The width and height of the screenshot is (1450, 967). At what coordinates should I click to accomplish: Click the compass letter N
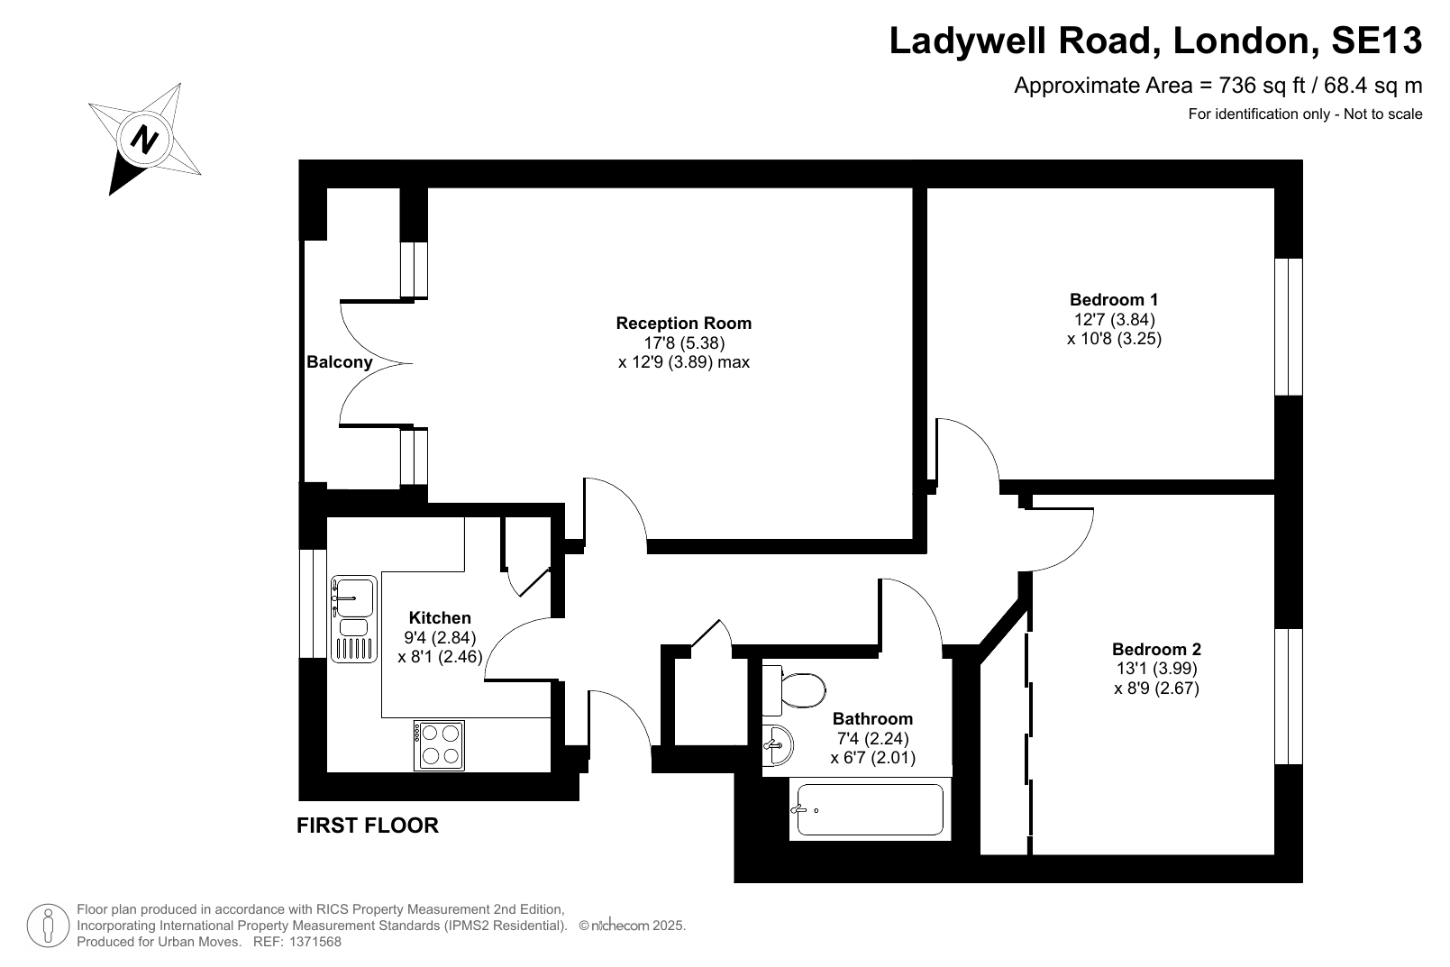tap(144, 139)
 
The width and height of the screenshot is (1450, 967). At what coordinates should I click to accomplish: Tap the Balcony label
tap(339, 361)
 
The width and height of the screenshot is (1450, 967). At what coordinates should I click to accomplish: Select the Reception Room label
tap(684, 323)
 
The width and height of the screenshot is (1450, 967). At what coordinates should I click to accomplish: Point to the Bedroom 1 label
tap(1113, 300)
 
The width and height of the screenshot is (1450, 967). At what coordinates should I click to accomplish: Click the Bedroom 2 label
tap(1156, 649)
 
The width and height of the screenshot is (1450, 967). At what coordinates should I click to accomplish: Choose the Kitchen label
tap(440, 617)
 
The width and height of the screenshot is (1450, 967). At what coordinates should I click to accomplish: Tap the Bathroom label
tap(872, 718)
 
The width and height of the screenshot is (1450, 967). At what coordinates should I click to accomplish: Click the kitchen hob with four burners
tap(439, 745)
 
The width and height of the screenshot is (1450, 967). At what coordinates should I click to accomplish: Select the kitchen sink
tap(353, 619)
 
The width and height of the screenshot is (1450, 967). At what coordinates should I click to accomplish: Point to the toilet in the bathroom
tap(794, 690)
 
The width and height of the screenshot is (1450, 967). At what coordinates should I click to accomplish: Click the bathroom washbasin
tap(778, 745)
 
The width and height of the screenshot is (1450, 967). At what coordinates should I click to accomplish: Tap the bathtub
tap(870, 809)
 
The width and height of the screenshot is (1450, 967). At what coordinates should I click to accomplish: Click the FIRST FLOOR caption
tap(368, 826)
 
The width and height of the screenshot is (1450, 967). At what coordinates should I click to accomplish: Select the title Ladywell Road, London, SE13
tap(1155, 41)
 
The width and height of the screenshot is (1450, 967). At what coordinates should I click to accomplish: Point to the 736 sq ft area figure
tap(1262, 85)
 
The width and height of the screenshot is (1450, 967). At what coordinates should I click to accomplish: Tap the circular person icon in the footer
tap(48, 926)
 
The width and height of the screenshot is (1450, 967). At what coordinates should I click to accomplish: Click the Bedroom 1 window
tap(1288, 327)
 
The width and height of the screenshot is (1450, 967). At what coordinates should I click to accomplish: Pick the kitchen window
tap(313, 604)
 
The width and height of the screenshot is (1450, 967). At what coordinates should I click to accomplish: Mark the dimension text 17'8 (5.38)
tap(684, 342)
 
